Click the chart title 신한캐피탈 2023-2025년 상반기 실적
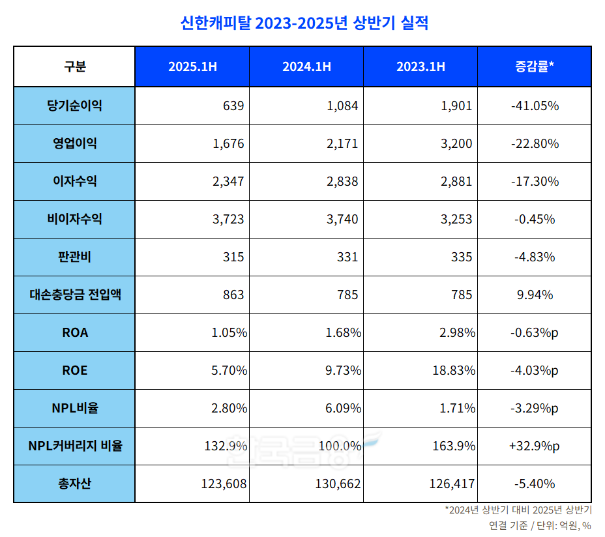(304, 23)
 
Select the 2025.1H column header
(192, 66)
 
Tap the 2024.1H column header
(306, 66)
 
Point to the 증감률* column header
(534, 66)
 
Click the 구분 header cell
(74, 66)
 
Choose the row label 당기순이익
(74, 106)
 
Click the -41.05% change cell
(534, 106)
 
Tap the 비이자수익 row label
(74, 219)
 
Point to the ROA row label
(74, 333)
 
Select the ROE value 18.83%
(454, 371)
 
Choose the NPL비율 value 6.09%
(343, 409)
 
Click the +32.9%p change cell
(534, 446)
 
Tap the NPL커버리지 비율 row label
(74, 446)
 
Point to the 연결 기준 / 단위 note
(540, 525)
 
